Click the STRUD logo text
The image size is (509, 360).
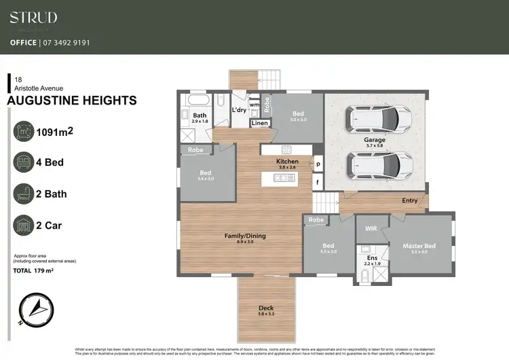pos(33,18)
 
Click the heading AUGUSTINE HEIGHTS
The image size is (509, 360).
pos(71,101)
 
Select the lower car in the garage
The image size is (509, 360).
pos(379,164)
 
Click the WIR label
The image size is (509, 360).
pos(371,229)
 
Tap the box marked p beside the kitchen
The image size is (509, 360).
pos(317,164)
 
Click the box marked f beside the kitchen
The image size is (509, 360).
pos(317,182)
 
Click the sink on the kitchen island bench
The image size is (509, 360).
pos(280,178)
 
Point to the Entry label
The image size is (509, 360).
pos(409,200)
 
